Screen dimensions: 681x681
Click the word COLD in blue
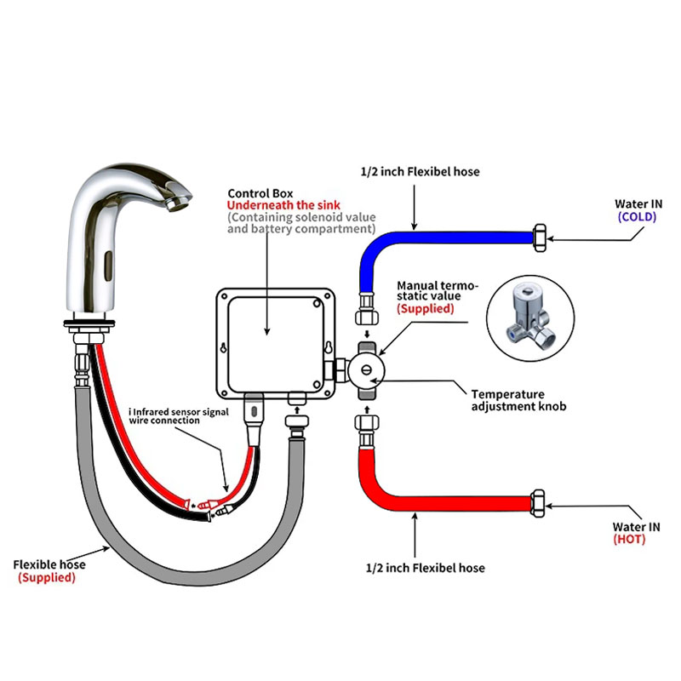tap(637, 217)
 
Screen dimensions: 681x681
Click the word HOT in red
tap(629, 539)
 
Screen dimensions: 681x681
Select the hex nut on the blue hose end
tap(540, 237)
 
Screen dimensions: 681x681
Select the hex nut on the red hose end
tap(538, 503)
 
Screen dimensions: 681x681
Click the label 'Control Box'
tap(260, 193)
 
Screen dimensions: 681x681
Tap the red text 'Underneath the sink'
tap(283, 205)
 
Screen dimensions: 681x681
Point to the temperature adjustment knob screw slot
tap(367, 370)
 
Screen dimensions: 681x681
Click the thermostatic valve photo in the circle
tap(530, 318)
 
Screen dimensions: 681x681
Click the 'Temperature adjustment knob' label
tap(518, 400)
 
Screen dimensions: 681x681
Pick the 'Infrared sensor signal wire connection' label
tap(179, 416)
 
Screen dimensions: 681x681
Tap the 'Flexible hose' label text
tap(49, 564)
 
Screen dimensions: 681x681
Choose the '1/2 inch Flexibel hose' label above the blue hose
tap(420, 172)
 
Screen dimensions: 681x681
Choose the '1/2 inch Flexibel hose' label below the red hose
tap(425, 568)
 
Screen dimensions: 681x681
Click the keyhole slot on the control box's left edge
tap(224, 347)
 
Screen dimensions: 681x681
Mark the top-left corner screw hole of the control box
tap(224, 296)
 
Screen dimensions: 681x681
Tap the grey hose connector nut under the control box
tap(297, 421)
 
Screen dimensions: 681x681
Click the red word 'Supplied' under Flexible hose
tap(47, 578)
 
